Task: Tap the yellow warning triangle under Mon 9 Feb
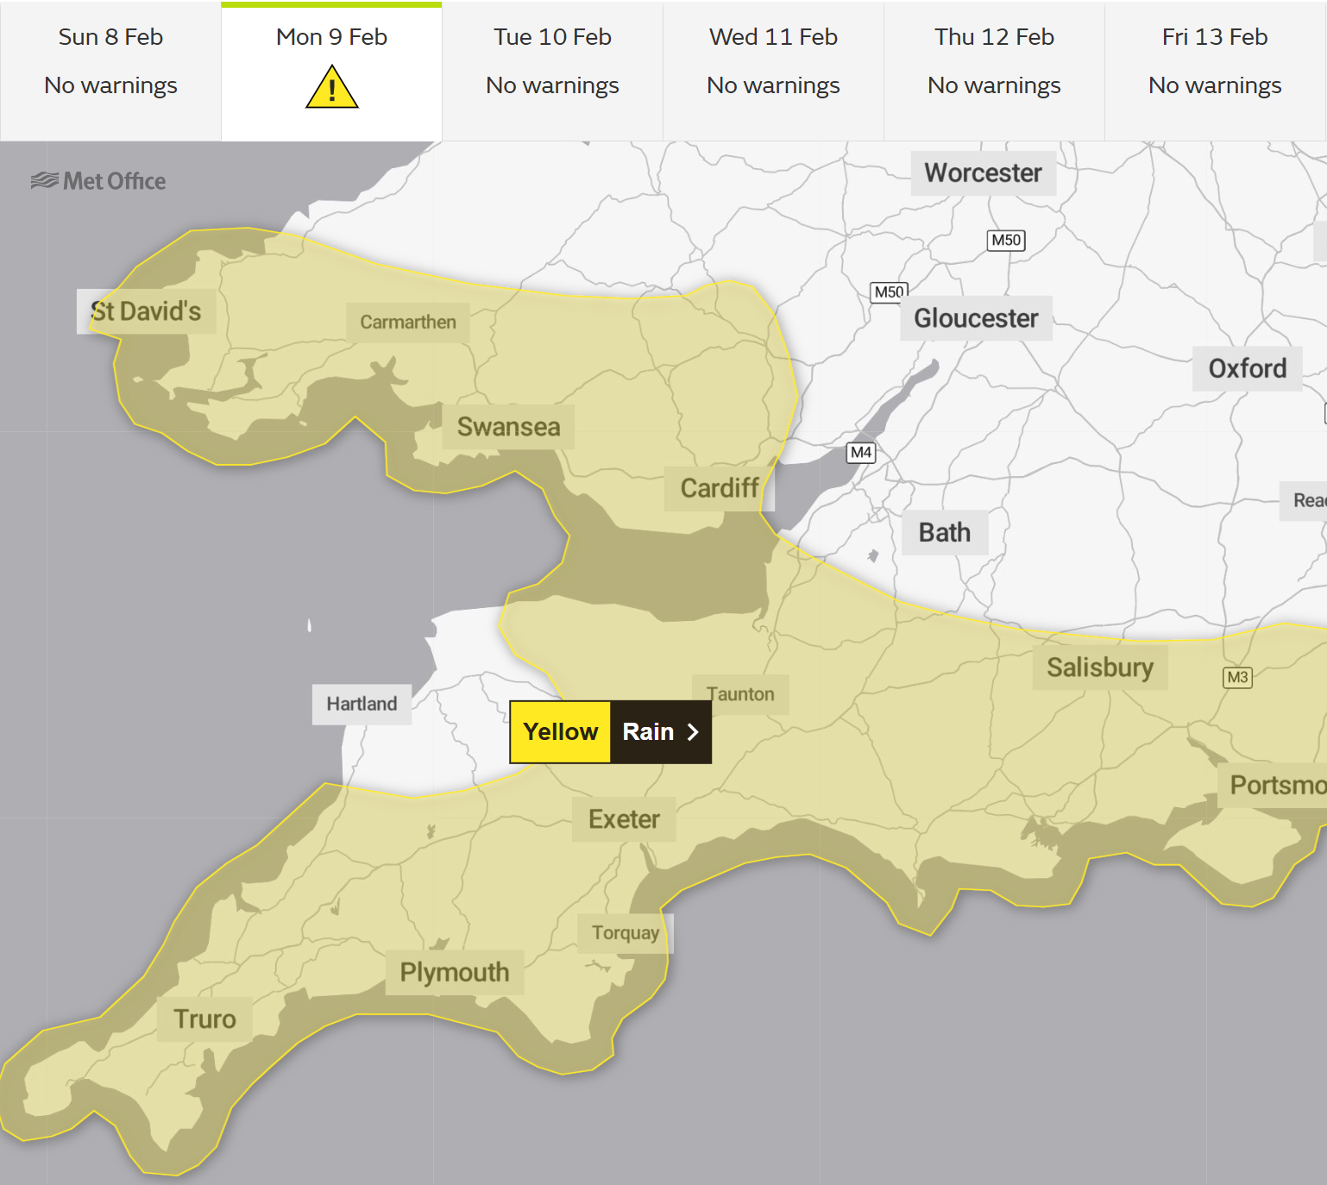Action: point(331,88)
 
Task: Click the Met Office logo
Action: point(98,181)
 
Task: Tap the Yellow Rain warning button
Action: point(611,732)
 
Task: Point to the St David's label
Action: point(146,311)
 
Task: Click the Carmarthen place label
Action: point(408,323)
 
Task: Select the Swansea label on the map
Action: point(508,427)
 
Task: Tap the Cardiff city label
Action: point(720,488)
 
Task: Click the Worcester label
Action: point(983,173)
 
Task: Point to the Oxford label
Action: point(1247,369)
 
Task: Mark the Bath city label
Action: point(944,533)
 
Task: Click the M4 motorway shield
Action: point(861,453)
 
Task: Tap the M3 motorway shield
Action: point(1237,678)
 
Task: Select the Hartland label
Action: point(362,704)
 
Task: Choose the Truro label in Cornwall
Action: point(205,1019)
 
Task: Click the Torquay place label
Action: point(626,933)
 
